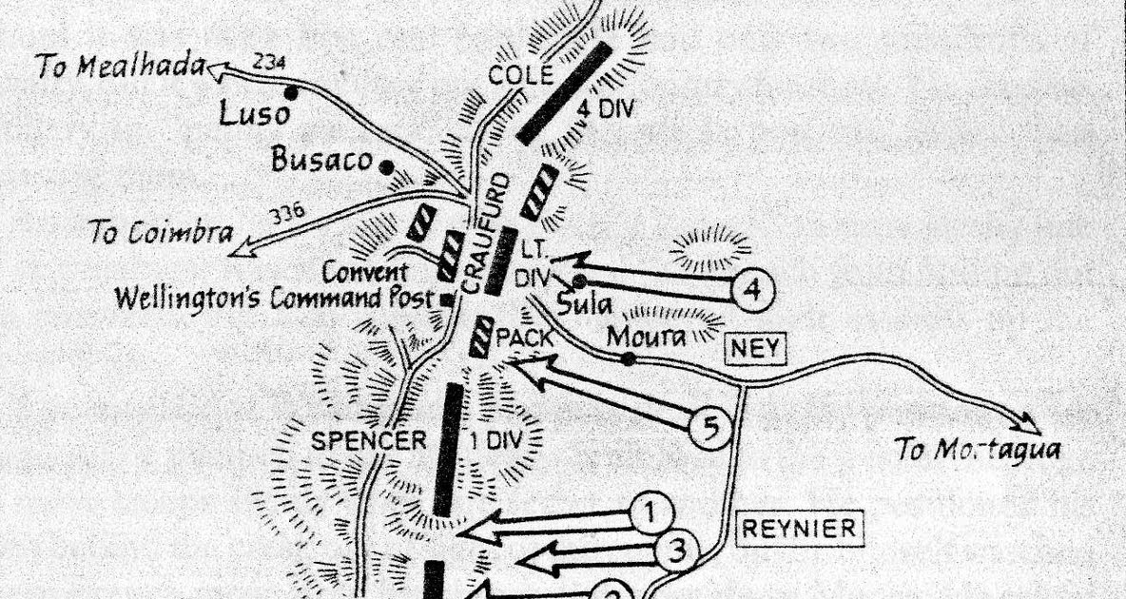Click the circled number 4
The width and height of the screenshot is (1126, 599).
click(753, 290)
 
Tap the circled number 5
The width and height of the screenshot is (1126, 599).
click(709, 430)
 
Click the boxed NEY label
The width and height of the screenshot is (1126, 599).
click(756, 349)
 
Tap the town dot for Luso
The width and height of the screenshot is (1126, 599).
click(291, 92)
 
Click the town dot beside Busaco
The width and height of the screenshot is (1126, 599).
click(385, 167)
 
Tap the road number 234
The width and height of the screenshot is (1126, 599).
click(271, 64)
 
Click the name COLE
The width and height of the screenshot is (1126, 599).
click(514, 77)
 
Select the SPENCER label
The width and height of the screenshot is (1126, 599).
click(369, 441)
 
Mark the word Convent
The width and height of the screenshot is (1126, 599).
click(365, 273)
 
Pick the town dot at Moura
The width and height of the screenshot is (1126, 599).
click(629, 358)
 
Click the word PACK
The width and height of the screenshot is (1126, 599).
click(524, 337)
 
